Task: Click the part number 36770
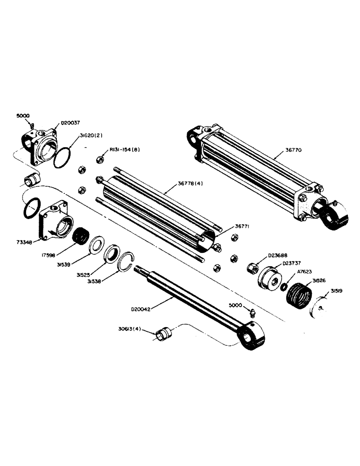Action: tap(297, 151)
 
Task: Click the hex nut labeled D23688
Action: tap(252, 268)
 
